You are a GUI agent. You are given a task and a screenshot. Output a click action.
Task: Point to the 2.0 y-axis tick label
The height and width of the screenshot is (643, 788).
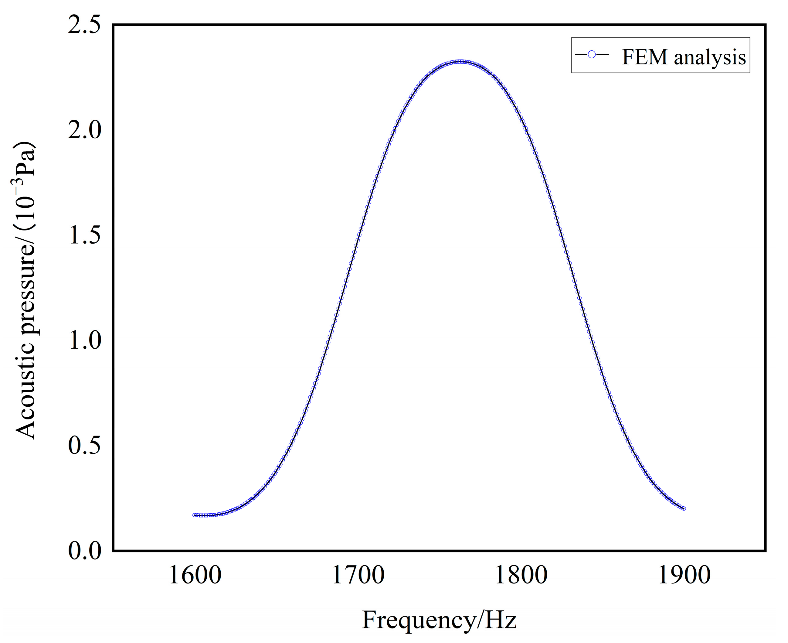(84, 131)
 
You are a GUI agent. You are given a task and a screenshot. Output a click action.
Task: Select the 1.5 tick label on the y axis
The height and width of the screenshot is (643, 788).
(84, 236)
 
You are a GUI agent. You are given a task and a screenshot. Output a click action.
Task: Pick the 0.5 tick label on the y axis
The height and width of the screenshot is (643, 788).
(84, 446)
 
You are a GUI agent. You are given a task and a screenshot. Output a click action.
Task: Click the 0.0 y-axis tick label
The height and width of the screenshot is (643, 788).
(84, 551)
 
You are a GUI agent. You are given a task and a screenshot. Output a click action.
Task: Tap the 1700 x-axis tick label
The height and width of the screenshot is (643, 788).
(358, 575)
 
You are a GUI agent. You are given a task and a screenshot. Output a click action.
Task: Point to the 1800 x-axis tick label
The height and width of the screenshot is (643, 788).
(521, 575)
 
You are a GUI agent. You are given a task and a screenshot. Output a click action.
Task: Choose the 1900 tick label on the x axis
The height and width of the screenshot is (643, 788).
(684, 575)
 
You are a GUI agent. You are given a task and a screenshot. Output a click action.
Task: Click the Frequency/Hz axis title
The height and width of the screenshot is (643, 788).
(439, 620)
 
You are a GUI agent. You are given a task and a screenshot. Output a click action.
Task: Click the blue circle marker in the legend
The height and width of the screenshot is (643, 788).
(592, 55)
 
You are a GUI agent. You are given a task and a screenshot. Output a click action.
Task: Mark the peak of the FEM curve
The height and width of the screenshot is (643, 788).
(459, 61)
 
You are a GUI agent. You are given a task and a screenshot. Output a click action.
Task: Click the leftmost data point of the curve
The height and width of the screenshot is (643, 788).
(194, 515)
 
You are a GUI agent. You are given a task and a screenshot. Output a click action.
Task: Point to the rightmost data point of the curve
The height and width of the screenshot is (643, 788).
(684, 508)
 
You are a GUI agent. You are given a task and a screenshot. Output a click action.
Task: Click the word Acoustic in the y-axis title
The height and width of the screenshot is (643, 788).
(25, 398)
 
